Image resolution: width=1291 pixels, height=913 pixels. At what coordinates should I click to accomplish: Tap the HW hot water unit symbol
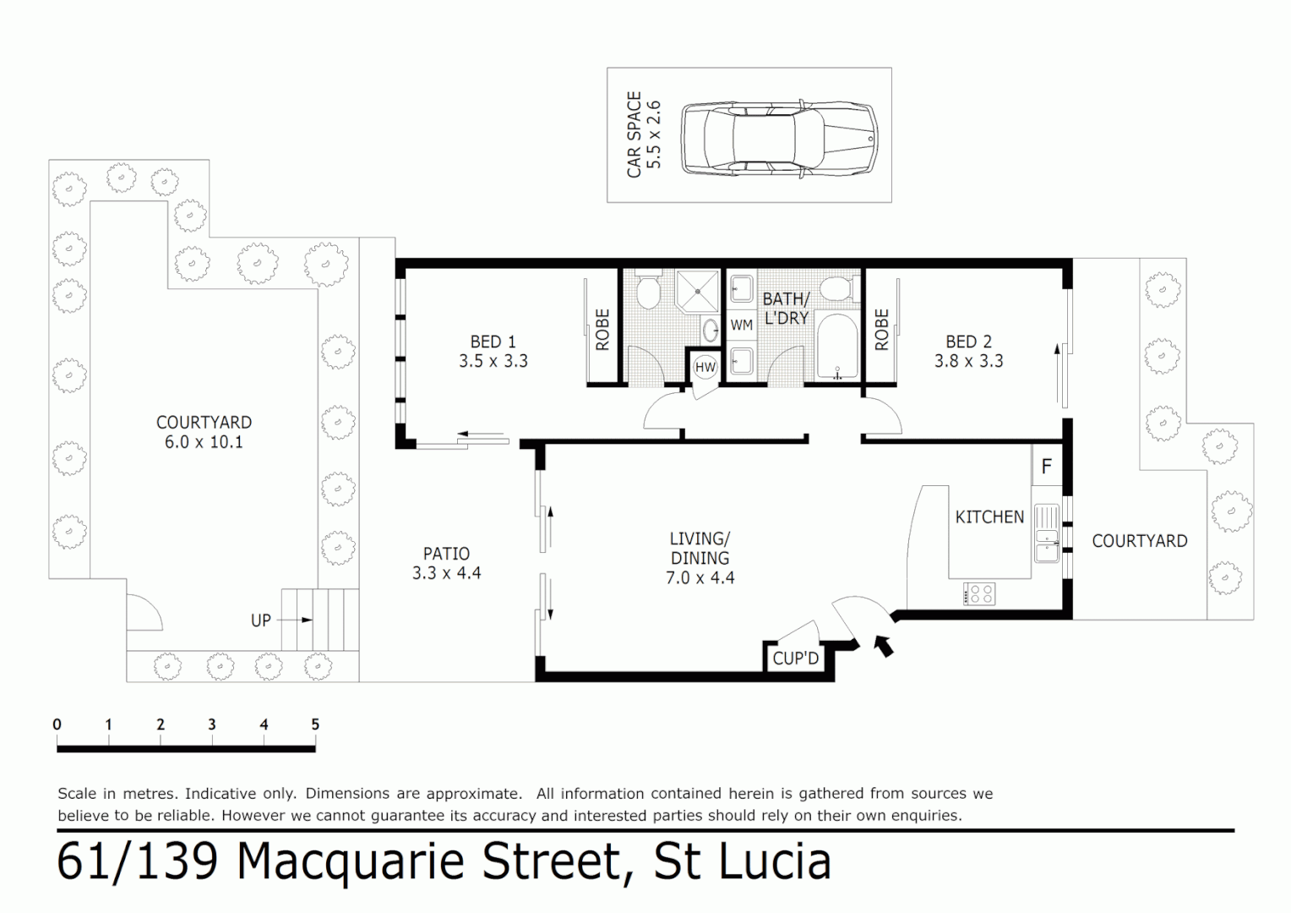click(x=705, y=368)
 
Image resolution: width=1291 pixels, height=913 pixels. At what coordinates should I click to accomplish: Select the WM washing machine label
click(x=741, y=325)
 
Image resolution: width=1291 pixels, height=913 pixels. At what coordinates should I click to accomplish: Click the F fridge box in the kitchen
click(x=1046, y=466)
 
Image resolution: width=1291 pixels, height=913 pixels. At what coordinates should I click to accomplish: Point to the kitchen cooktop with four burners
click(x=979, y=593)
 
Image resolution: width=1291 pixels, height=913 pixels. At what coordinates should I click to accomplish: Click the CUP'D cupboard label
click(x=795, y=659)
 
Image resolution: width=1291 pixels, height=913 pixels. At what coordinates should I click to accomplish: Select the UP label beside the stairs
click(x=261, y=620)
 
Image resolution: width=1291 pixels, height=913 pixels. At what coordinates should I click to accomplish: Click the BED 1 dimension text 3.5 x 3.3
click(x=493, y=361)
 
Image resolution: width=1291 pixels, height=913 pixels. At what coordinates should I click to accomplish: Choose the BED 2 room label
click(x=968, y=342)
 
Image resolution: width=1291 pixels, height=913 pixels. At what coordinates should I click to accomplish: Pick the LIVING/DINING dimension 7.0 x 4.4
click(x=700, y=578)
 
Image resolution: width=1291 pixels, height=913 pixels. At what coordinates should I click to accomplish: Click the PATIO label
click(x=446, y=554)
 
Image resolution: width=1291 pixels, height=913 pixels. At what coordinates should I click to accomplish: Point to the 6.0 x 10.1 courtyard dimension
click(x=204, y=441)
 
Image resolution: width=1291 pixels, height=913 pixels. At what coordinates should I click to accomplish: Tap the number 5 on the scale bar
click(x=315, y=724)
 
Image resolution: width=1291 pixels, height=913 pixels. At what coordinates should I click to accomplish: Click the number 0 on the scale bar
click(x=57, y=724)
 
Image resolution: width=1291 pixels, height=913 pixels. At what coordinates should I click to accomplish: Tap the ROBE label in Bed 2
click(x=881, y=330)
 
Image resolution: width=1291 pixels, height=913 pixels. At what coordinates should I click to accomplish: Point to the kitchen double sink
click(x=1046, y=534)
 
